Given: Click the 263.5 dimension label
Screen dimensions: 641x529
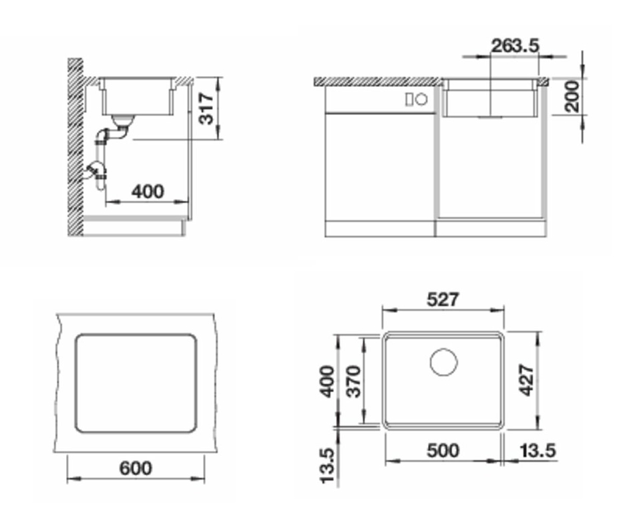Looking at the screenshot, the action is pos(515,46).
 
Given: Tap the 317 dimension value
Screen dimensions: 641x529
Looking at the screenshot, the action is pos(206,108).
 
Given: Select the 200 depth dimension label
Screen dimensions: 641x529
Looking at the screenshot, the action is pos(572,96).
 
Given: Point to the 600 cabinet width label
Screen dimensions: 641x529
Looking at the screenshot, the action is pos(136,468).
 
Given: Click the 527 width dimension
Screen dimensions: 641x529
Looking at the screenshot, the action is pos(443,300).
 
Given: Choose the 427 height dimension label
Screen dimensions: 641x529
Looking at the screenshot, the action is pos(527,380).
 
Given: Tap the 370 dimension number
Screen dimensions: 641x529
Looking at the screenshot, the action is pos(354,381).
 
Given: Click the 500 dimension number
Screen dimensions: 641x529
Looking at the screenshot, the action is pos(443,450).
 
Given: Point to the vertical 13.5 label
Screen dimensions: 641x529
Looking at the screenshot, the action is pos(328,466).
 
